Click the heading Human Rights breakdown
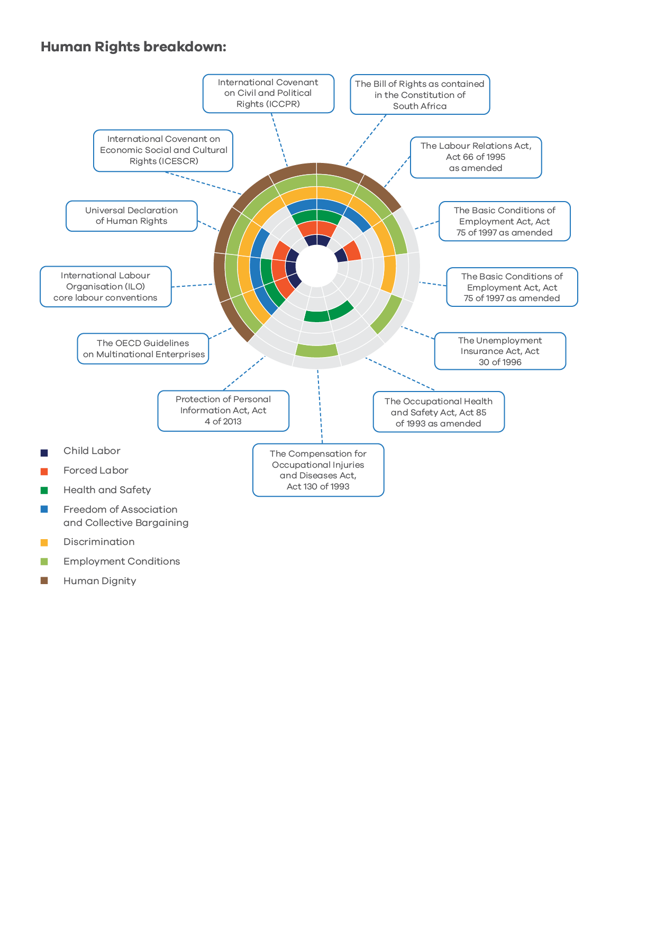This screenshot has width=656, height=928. point(133,47)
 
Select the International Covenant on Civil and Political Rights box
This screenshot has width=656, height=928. point(268,94)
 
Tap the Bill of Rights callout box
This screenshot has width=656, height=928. point(420,95)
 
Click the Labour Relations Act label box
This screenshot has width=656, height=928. point(476,157)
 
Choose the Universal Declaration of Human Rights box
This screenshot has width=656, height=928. point(132,216)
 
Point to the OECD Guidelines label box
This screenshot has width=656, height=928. point(143,349)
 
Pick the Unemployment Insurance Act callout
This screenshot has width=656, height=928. point(500,351)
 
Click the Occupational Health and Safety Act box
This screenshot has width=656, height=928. point(439,412)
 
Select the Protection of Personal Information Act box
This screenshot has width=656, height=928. point(223,411)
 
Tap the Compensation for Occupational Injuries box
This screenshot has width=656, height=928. point(318,470)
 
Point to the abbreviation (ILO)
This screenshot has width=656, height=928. point(135,287)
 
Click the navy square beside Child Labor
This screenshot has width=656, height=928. point(44,452)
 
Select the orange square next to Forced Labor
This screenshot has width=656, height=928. point(44,471)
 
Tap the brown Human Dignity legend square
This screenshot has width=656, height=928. point(44,580)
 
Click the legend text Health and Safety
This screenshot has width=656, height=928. point(107,490)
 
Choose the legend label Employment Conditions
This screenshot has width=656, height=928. point(122,561)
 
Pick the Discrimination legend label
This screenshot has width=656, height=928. point(99,542)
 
